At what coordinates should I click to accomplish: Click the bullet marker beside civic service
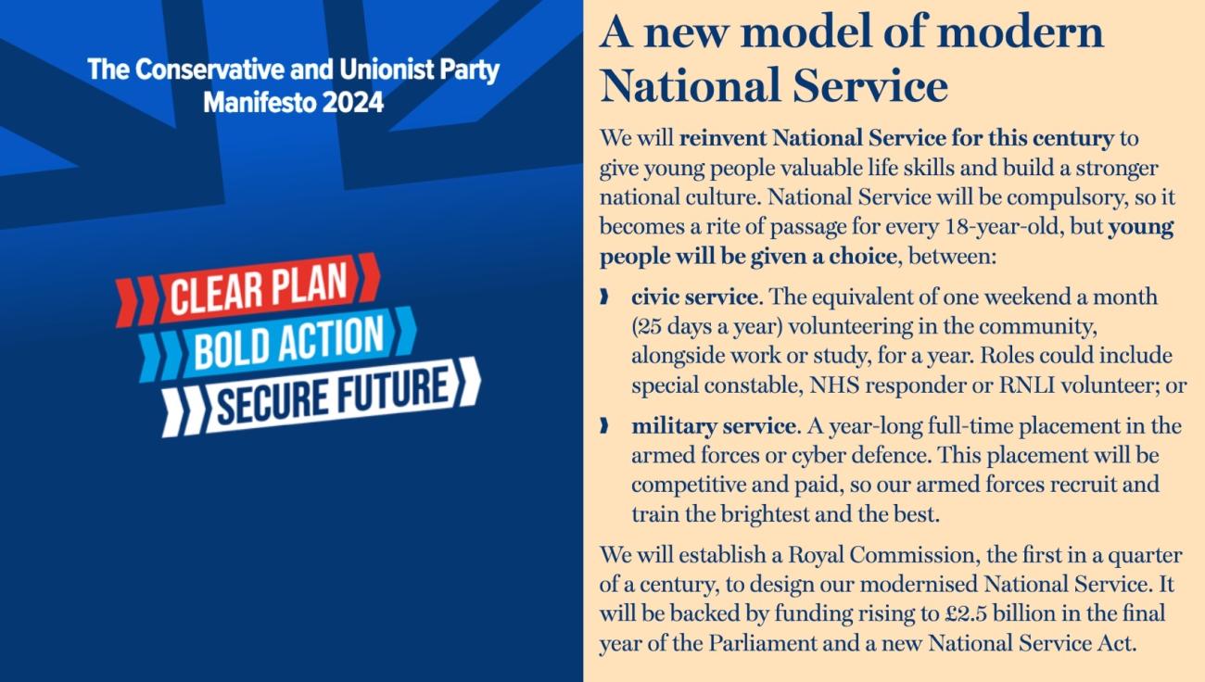(604, 297)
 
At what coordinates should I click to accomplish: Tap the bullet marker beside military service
(604, 425)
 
